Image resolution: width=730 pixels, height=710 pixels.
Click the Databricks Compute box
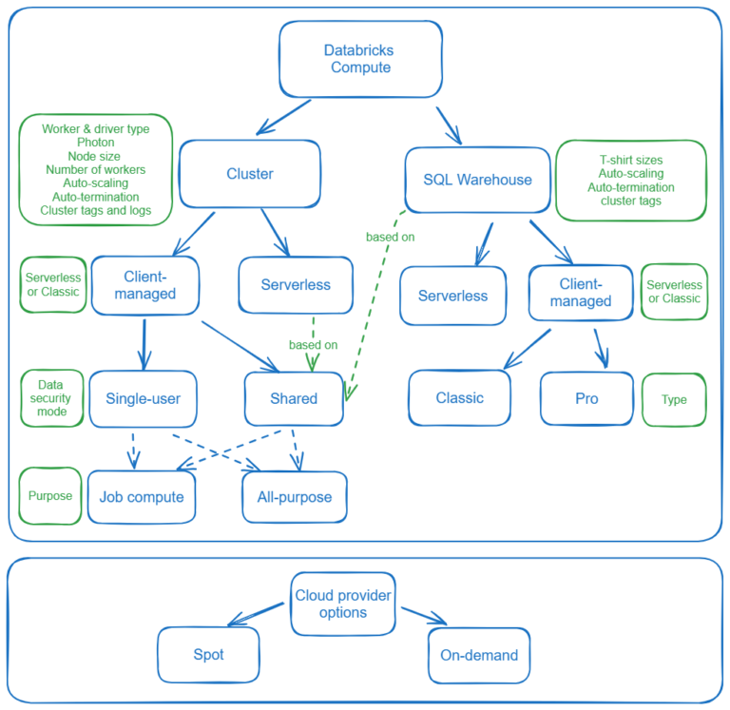click(x=359, y=59)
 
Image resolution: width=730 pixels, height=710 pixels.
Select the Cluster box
click(x=250, y=174)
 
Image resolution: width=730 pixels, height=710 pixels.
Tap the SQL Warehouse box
click(x=476, y=180)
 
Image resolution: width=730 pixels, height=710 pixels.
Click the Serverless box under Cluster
click(x=296, y=285)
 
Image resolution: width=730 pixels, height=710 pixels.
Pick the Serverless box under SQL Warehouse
click(x=452, y=296)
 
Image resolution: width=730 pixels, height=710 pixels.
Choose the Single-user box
click(x=143, y=398)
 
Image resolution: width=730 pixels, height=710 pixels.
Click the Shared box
click(x=294, y=398)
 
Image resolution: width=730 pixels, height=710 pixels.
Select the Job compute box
click(x=142, y=497)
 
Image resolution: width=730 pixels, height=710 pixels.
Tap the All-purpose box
click(x=295, y=497)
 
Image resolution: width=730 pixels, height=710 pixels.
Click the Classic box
click(x=460, y=397)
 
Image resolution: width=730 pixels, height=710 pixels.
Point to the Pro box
click(x=586, y=397)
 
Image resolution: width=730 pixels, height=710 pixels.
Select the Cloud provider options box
click(x=343, y=604)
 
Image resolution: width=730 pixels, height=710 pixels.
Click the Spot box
click(x=207, y=655)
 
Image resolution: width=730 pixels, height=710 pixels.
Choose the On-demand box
click(x=479, y=655)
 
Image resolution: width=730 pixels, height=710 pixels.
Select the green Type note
click(x=674, y=399)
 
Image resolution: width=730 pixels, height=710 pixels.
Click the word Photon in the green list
click(x=95, y=143)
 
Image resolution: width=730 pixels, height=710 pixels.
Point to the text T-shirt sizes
click(x=630, y=160)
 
